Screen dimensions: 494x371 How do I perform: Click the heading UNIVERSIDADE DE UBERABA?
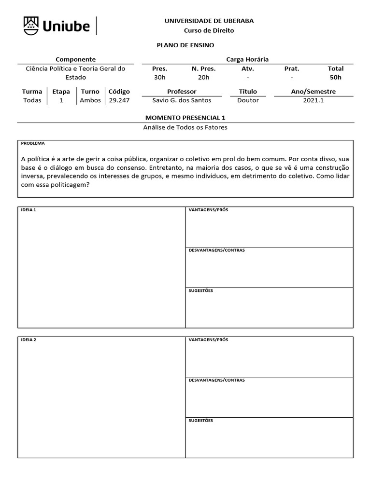coord(209,21)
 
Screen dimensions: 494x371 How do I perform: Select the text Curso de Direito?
coord(209,30)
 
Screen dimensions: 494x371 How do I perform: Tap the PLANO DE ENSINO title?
coord(185,45)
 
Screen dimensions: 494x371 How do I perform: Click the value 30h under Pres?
coord(159,77)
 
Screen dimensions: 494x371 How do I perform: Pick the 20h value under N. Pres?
coord(203,77)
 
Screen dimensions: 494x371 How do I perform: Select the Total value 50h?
coord(335,77)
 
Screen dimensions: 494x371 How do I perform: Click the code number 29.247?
coord(119,100)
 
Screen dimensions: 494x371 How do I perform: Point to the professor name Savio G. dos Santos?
coord(182,100)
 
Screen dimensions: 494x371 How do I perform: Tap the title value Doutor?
coord(248,100)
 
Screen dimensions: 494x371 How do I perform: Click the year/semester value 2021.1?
coord(313,100)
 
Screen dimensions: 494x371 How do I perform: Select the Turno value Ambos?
coord(90,100)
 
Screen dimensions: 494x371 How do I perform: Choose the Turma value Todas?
coord(32,100)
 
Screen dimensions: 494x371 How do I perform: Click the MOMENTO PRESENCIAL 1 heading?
coord(185,118)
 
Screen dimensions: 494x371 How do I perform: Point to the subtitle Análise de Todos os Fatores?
coord(185,127)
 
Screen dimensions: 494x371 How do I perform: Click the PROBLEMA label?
coord(33,143)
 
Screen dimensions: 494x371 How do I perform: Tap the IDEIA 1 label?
coord(29,210)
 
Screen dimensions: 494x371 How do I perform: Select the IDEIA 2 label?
coord(29,340)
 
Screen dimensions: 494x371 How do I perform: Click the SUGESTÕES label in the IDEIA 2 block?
coord(200,420)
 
